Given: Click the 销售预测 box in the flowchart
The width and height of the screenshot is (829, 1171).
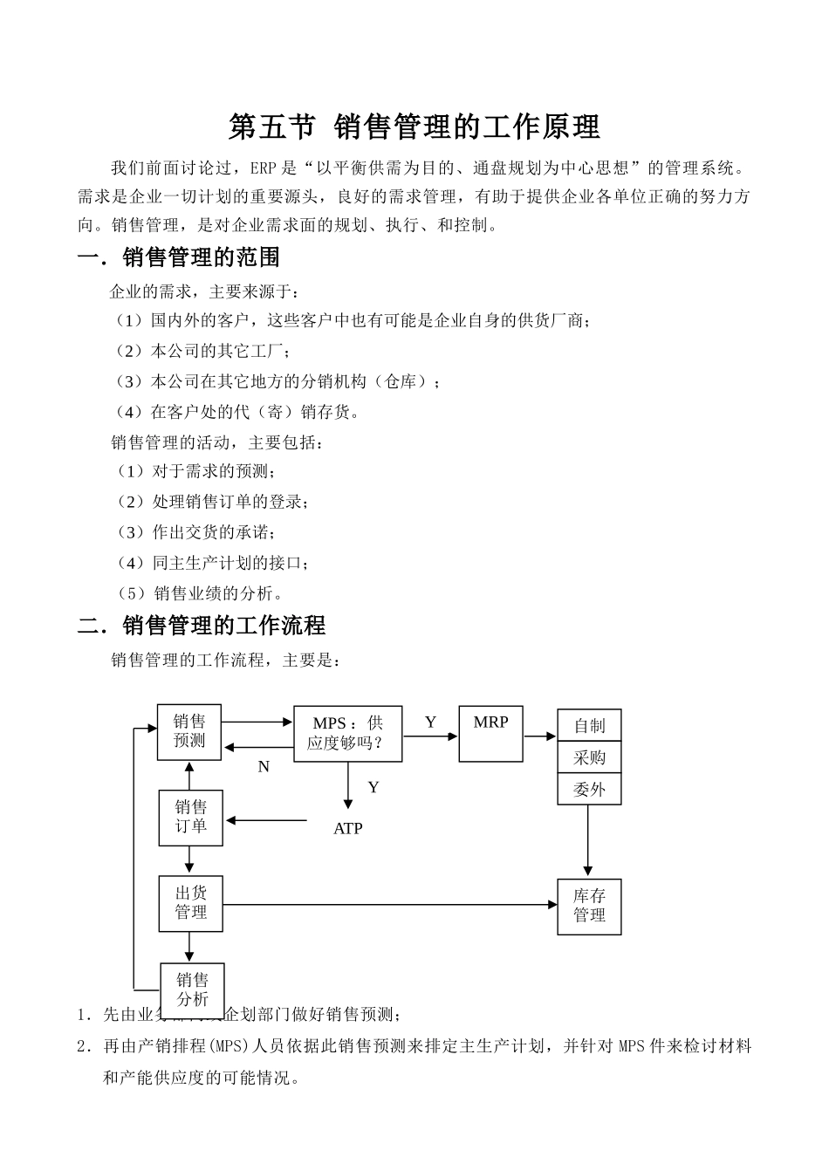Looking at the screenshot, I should coord(189,732).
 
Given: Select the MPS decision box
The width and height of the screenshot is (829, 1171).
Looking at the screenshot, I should coord(347,734).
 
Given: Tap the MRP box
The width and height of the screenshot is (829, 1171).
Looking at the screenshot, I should coord(490,733).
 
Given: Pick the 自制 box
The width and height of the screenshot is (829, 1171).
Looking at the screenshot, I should coord(589,726).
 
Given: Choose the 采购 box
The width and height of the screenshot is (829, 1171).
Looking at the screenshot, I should coord(589,757).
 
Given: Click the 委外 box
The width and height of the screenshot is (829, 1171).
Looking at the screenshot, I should coord(589,789).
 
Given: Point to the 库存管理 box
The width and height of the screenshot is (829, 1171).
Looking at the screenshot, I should coord(589,907).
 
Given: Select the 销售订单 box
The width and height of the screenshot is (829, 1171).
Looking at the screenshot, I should coord(190,818).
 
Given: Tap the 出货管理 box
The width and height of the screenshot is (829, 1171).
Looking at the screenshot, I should coord(190,903).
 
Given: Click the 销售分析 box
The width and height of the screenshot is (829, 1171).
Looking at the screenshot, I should coord(192,990).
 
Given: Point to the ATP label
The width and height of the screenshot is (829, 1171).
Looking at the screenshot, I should coord(347,829).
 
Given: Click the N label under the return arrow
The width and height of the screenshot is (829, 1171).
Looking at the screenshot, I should coord(264,767).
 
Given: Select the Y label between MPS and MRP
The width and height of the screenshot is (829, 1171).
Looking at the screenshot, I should coord(430,722).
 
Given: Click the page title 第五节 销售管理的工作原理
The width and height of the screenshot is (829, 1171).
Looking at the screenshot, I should coord(414,127).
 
